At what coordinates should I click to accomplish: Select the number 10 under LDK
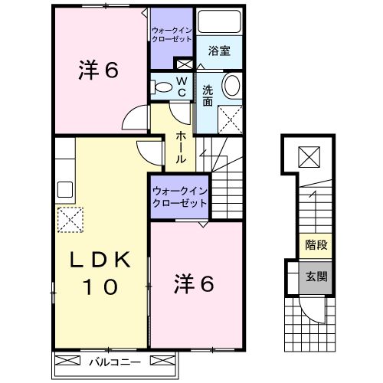[x=97, y=287]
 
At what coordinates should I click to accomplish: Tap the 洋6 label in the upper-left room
[x=97, y=70]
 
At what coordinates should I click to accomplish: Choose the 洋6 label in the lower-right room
[x=193, y=283]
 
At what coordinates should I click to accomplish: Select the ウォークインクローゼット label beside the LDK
[x=179, y=197]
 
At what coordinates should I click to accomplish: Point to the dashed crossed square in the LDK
[x=70, y=219]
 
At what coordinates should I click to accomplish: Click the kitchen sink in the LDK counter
[x=64, y=188]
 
